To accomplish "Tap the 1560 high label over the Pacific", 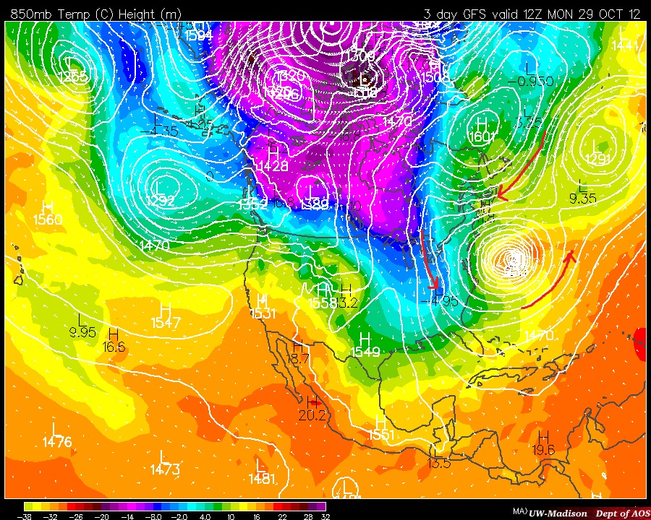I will click(x=48, y=220).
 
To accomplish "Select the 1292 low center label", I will click(x=161, y=201).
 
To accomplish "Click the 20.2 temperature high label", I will click(x=312, y=415).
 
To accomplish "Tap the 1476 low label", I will click(x=57, y=442).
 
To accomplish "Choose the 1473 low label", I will click(x=166, y=470).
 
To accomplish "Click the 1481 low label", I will click(x=262, y=477).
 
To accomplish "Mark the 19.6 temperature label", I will click(x=544, y=450).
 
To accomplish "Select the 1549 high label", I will click(x=365, y=352).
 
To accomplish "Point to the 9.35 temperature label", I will click(x=582, y=199).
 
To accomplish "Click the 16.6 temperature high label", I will click(x=114, y=347).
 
